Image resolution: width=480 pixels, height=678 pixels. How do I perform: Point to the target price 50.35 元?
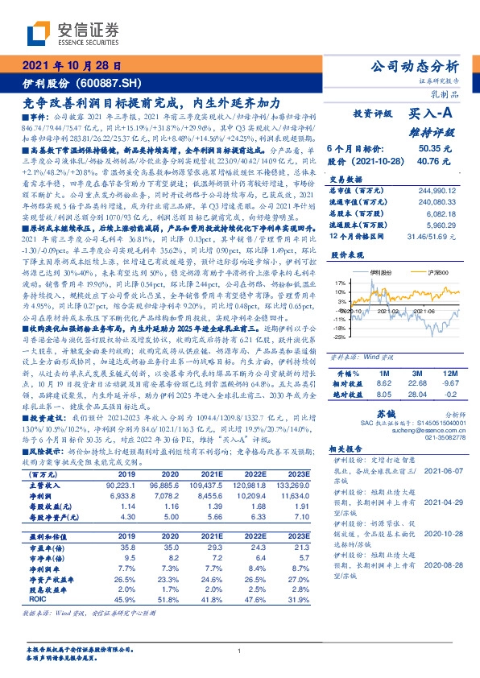[x=434, y=149]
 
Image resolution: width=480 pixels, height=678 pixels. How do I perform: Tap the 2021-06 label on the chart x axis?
[x=428, y=309]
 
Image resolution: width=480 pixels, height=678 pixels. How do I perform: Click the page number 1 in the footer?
[x=240, y=651]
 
